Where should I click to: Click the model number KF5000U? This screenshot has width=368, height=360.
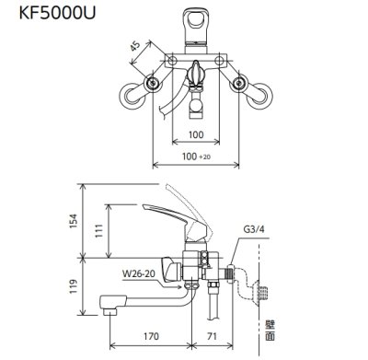tap(48, 16)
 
